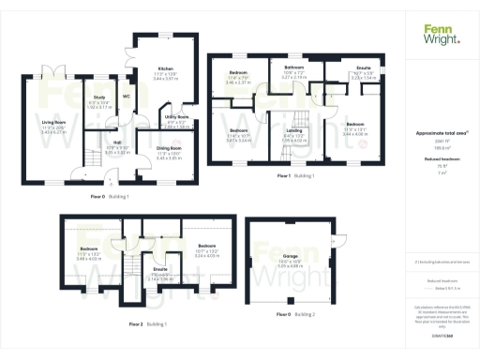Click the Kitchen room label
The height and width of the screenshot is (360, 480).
pyautogui.click(x=166, y=69)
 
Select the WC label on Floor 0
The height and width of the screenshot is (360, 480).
pyautogui.click(x=127, y=96)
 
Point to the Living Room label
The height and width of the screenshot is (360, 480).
pyautogui.click(x=59, y=122)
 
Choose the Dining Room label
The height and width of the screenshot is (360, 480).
pyautogui.click(x=169, y=148)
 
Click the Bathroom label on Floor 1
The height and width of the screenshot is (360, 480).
pyautogui.click(x=294, y=67)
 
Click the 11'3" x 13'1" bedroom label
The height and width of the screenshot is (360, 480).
pyautogui.click(x=353, y=124)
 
